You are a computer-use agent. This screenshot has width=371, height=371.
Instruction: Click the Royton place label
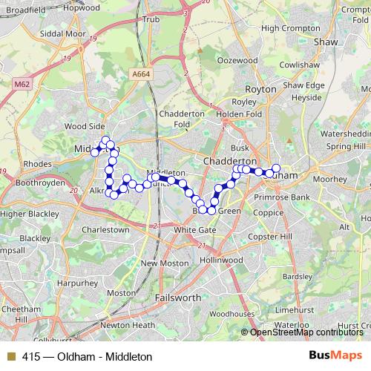click(x=260, y=89)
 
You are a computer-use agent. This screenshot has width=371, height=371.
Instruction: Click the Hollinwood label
click(x=221, y=260)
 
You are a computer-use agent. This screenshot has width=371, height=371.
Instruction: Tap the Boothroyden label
click(x=40, y=182)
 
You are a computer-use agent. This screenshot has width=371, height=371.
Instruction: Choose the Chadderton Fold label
click(x=182, y=119)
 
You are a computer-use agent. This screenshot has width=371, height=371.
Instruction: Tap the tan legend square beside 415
click(x=10, y=356)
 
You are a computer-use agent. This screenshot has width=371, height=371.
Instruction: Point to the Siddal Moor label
click(x=62, y=34)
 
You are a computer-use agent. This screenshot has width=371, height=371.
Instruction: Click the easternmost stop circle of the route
click(x=276, y=168)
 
